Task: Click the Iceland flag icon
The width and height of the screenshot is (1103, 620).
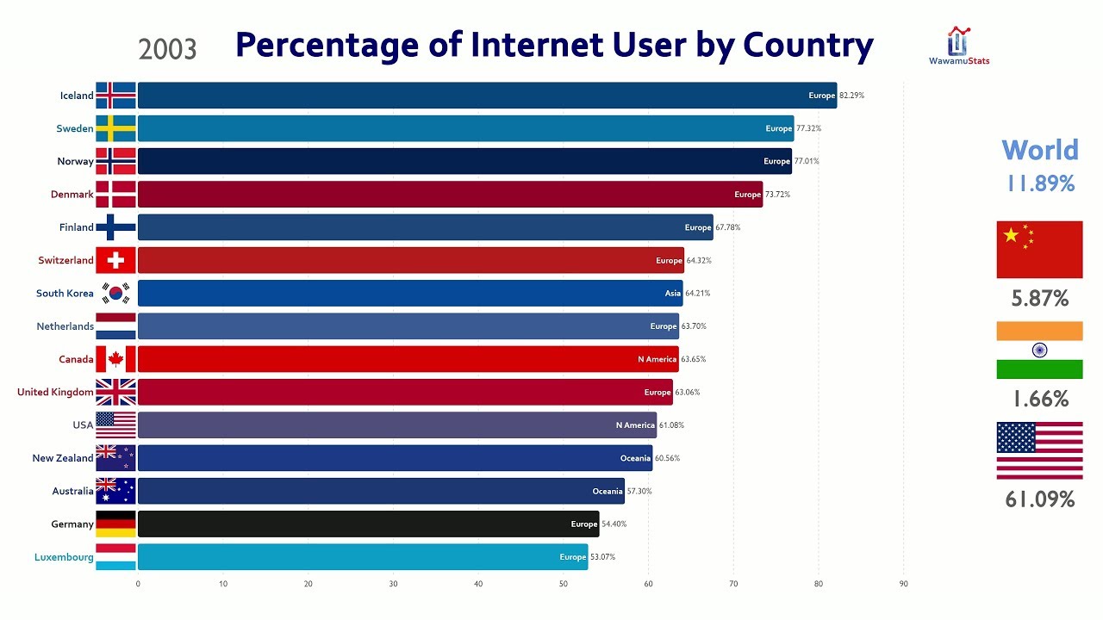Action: [x=115, y=96]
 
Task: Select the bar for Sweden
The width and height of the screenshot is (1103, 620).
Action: [x=465, y=128]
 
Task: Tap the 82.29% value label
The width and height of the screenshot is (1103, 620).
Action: [x=851, y=96]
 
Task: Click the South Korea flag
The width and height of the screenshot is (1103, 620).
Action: [x=115, y=294]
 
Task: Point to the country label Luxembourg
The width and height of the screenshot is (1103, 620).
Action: [x=64, y=557]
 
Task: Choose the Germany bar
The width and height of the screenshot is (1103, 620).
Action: [x=368, y=524]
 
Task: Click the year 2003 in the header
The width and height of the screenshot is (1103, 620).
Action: [x=167, y=49]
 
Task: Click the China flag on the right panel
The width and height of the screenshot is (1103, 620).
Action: [x=1039, y=250]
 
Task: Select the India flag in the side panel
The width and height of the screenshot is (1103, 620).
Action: [x=1039, y=350]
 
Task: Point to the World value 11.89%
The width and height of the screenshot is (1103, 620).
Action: [x=1040, y=183]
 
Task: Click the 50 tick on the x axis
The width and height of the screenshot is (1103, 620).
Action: [x=564, y=584]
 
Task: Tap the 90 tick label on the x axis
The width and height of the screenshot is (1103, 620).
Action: [x=904, y=584]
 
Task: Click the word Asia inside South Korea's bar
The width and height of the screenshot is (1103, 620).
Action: [x=672, y=294]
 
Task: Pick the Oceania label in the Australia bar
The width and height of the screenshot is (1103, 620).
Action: [x=608, y=491]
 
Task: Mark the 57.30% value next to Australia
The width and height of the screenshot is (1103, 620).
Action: [x=639, y=491]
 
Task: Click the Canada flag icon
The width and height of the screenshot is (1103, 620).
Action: [x=115, y=359]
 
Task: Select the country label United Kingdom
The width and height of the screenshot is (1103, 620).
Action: [x=55, y=393]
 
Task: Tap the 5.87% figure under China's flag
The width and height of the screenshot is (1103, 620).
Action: [x=1039, y=299]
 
